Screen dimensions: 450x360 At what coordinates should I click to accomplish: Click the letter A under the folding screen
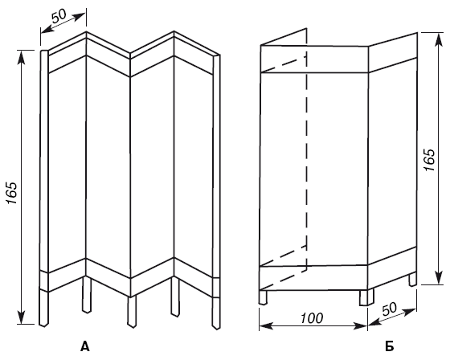coord(85,346)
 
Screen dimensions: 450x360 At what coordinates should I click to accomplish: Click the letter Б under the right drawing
coord(390,346)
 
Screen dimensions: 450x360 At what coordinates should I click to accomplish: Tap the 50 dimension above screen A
coord(59,16)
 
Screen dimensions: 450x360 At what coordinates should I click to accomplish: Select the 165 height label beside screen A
coord(13,193)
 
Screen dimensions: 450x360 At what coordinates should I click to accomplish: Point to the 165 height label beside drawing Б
coord(430,160)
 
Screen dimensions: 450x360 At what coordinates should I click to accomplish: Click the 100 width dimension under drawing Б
coord(312,317)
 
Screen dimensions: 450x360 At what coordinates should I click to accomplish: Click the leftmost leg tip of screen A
coord(43,325)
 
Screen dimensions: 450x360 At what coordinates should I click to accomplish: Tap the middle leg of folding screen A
coord(132,312)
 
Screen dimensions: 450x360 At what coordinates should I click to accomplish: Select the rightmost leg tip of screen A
coord(216,327)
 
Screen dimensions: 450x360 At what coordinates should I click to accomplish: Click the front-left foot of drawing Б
coord(263,297)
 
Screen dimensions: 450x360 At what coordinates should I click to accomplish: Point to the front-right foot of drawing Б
coord(366,297)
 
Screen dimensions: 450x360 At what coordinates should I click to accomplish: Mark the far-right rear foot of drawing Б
coord(413,280)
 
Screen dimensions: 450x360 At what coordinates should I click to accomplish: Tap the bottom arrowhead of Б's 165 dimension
coord(438,278)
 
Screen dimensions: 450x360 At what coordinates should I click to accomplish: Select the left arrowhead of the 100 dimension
coord(266,326)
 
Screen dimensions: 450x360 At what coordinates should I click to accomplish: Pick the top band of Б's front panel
coord(314,59)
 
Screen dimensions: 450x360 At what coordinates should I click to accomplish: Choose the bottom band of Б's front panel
coord(314,278)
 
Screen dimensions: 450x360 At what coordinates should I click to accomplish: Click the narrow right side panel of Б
coord(392,161)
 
